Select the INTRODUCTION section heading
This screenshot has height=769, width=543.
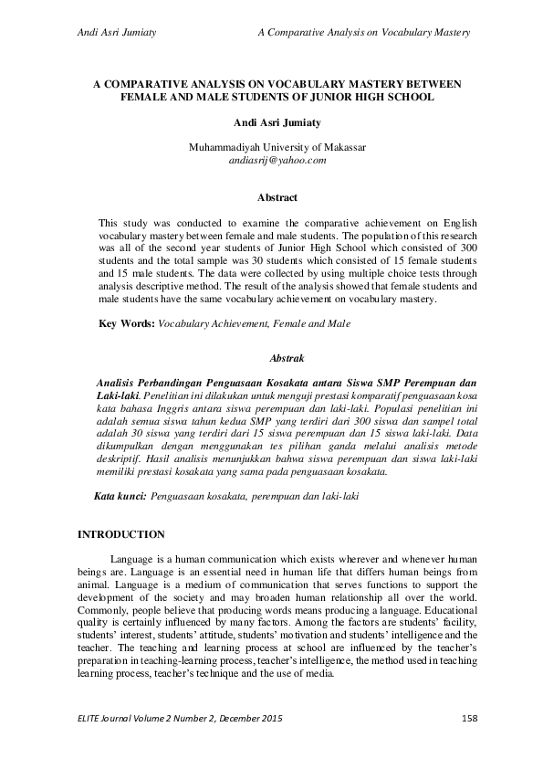[x=121, y=533]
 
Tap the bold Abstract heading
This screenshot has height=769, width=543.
[x=277, y=196]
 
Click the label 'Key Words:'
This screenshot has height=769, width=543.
[x=126, y=323]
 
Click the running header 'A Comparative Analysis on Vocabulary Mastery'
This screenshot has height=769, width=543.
[x=364, y=32]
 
